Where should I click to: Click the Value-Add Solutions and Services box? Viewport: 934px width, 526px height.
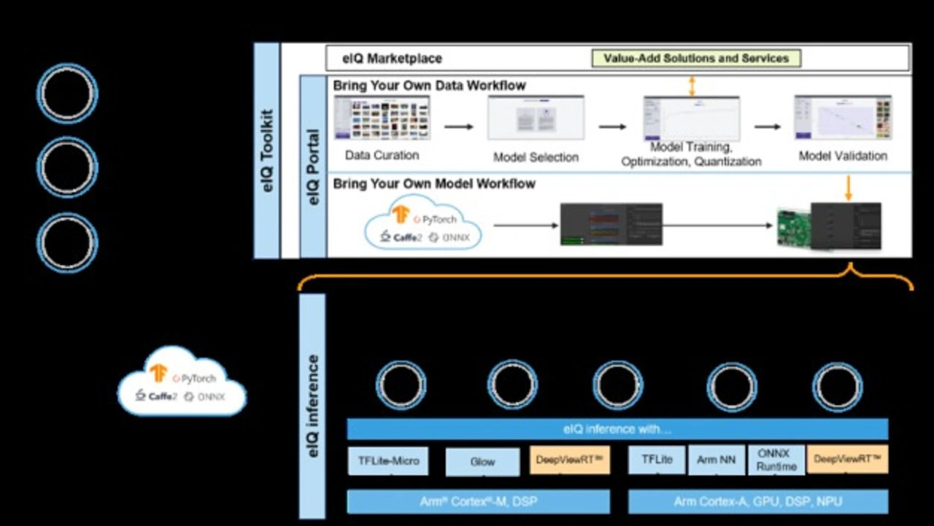[696, 58]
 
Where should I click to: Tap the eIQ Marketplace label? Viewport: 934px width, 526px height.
[392, 58]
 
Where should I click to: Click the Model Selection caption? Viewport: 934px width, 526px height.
[536, 157]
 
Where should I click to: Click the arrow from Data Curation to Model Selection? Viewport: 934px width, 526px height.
[458, 127]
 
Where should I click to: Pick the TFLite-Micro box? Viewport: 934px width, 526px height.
[388, 461]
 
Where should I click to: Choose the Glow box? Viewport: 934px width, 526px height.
[482, 461]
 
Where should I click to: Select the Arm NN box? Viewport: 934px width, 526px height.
[716, 460]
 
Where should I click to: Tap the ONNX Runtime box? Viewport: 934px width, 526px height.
[776, 460]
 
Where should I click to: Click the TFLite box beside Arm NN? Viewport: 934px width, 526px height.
[657, 460]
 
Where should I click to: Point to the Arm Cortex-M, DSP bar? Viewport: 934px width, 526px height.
[478, 502]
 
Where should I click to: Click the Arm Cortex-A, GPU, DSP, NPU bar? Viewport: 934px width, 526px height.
[757, 502]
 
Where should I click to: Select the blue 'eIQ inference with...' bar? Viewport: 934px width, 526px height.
[617, 429]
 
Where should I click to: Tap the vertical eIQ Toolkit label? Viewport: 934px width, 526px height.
[267, 150]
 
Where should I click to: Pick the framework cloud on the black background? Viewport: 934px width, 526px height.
[182, 383]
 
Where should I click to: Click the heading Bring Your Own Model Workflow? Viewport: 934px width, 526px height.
[434, 184]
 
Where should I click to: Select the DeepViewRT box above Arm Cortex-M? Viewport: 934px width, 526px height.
[569, 461]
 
